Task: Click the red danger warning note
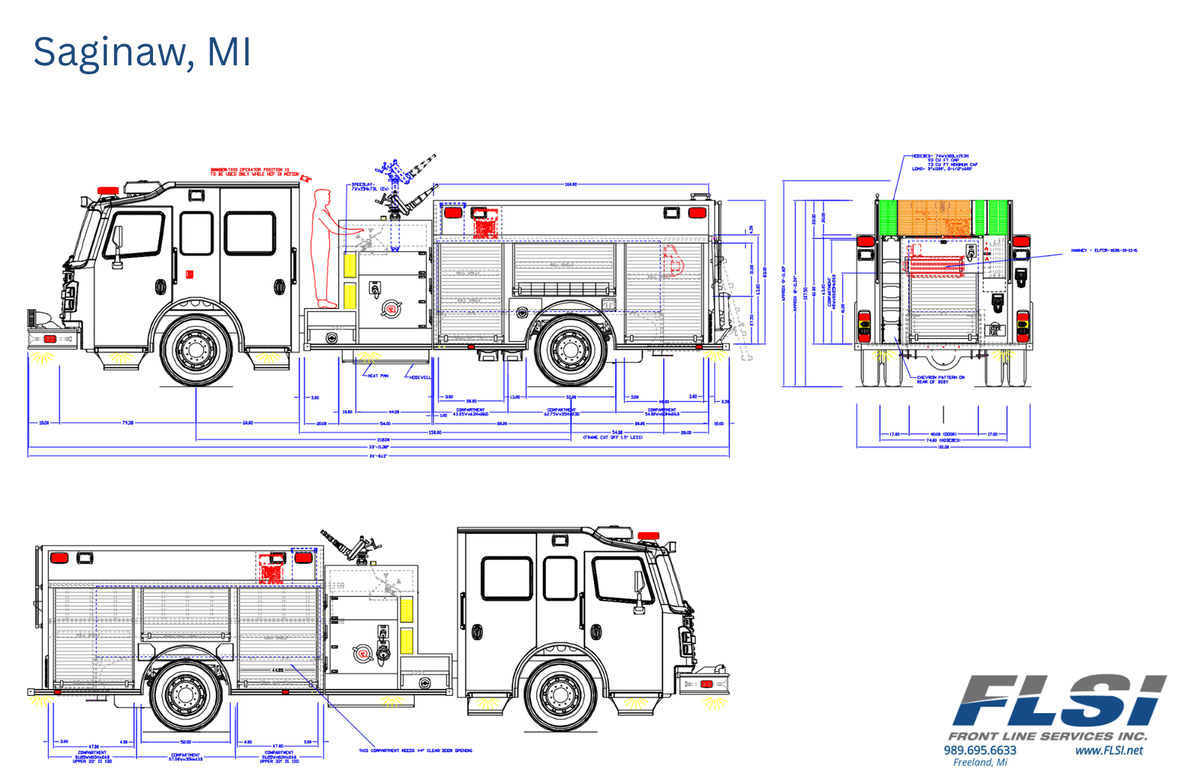pos(255,172)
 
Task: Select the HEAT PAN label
pos(378,376)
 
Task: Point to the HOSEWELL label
pos(420,377)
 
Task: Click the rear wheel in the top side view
pos(570,349)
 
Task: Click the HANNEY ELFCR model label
pos(1103,250)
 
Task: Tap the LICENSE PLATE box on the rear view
pos(995,330)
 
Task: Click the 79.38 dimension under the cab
pos(127,423)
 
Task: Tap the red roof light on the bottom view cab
pos(649,536)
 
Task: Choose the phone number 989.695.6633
pos(979,751)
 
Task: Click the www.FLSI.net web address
pos(1108,751)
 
